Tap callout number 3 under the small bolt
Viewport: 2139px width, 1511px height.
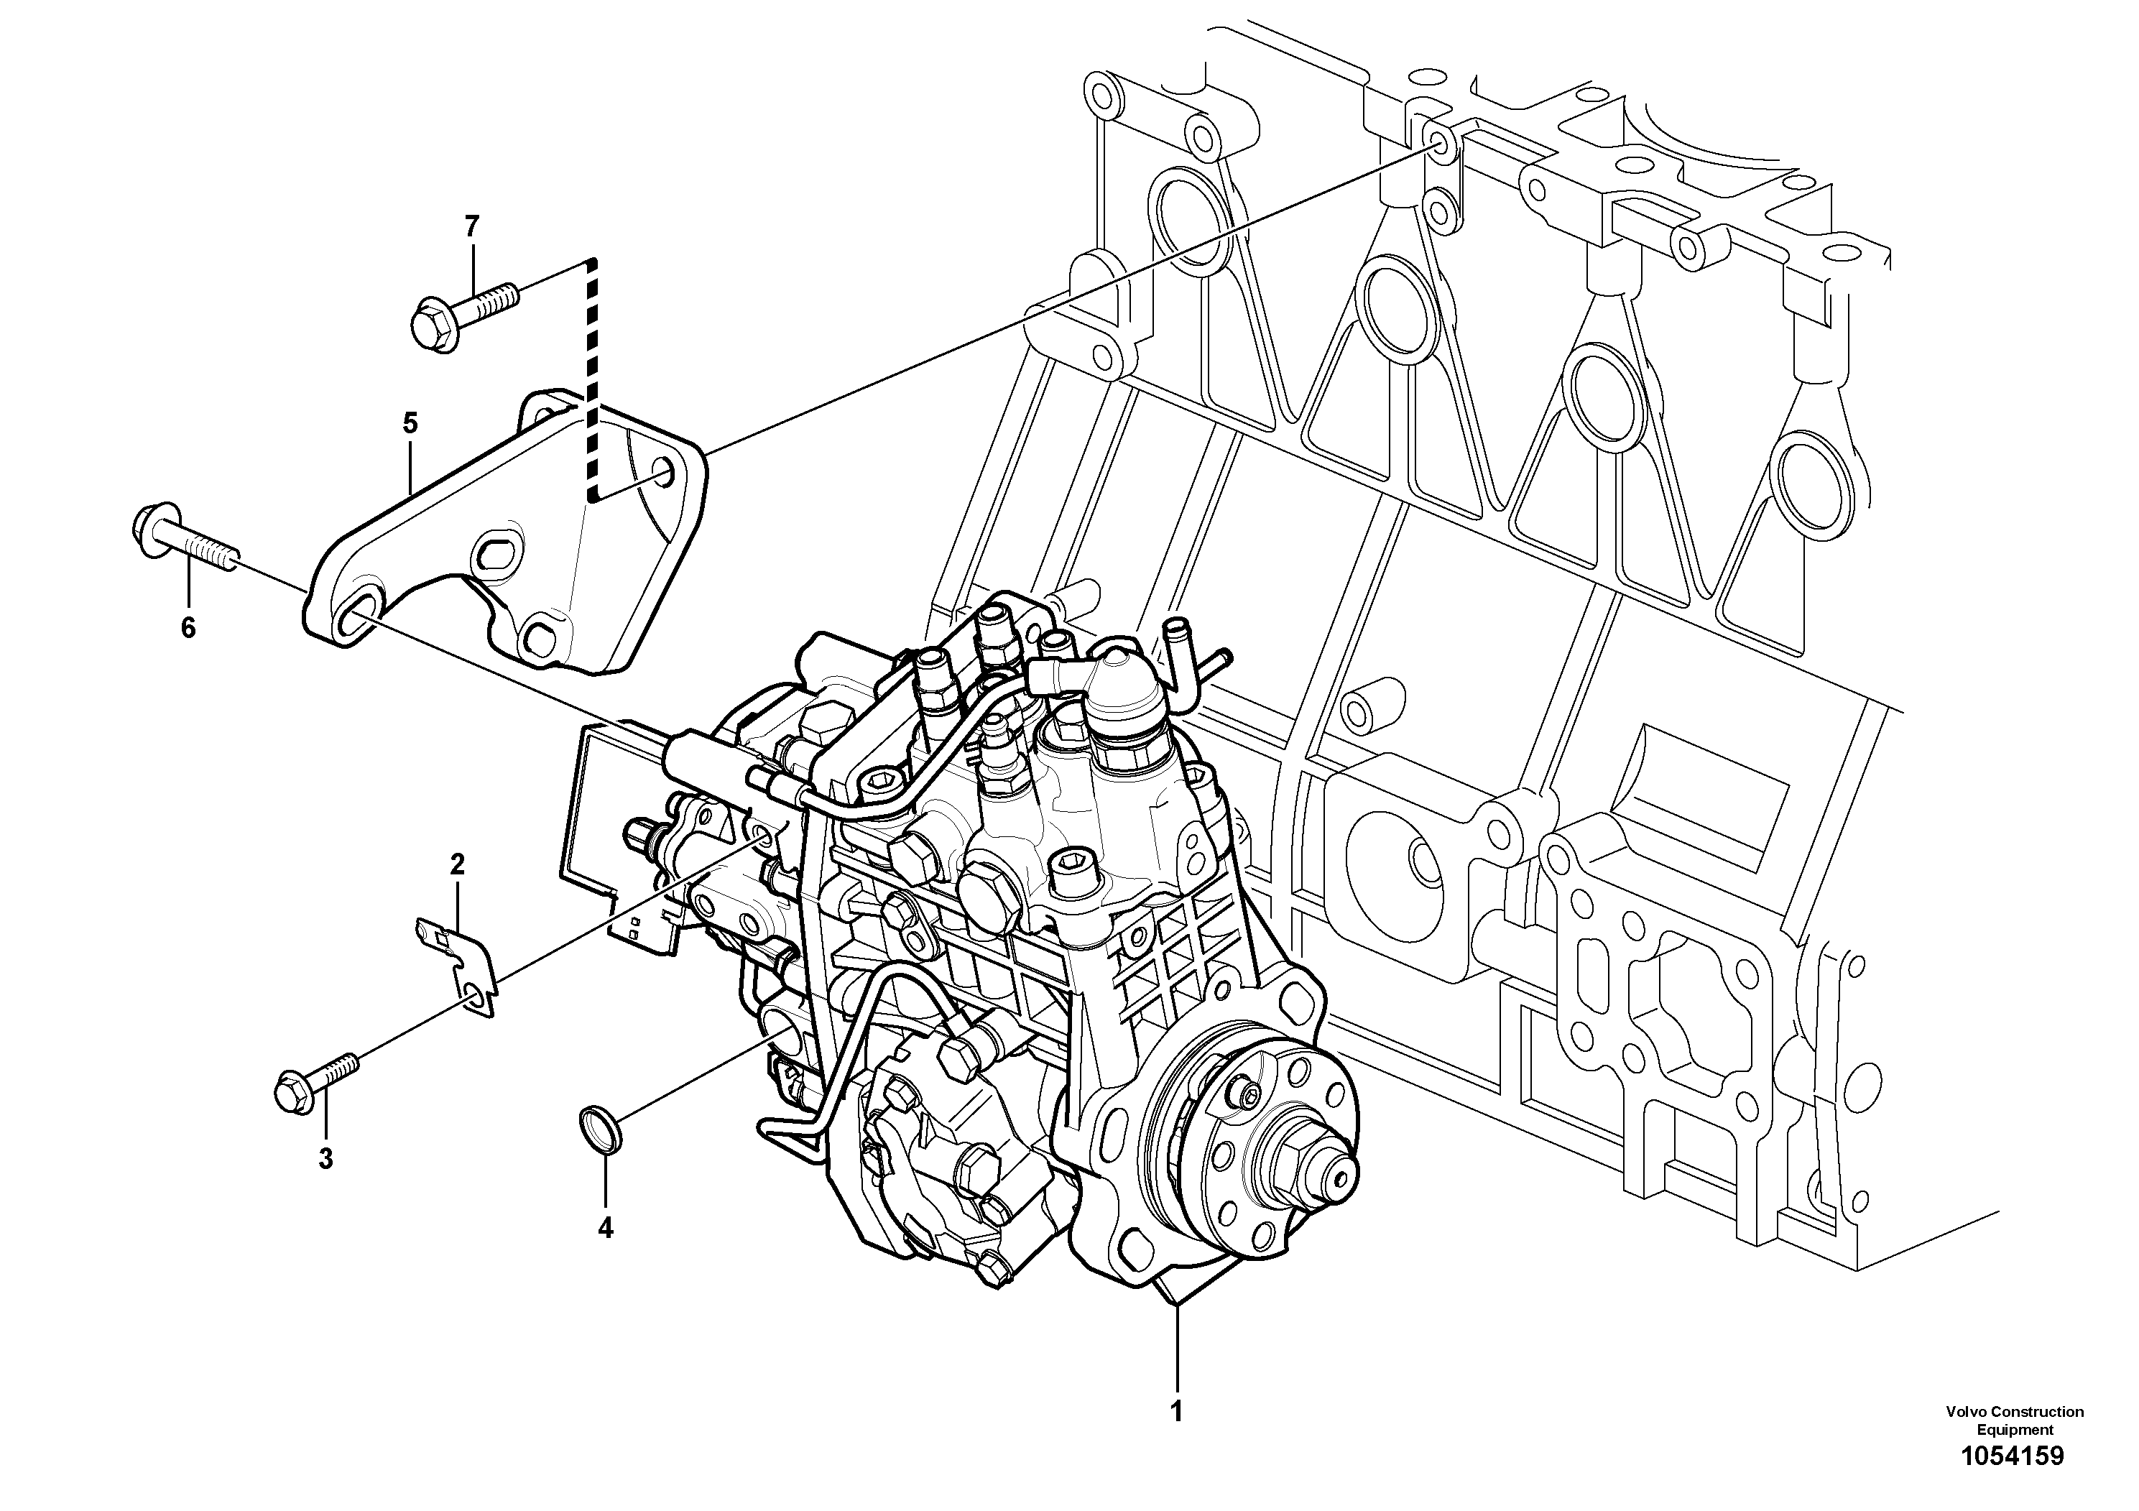325,1159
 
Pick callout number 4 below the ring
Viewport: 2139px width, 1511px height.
606,1228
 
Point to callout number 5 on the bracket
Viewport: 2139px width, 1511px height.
410,424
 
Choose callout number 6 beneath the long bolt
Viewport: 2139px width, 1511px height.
188,628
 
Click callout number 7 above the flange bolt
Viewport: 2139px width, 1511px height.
471,226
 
